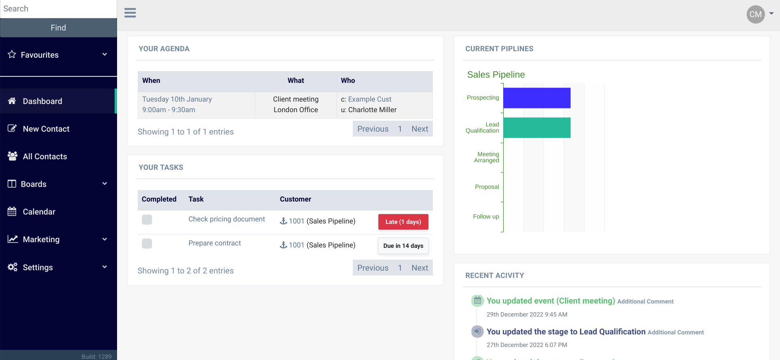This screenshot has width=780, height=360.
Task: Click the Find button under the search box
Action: (x=58, y=28)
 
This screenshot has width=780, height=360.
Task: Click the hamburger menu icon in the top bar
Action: (x=130, y=13)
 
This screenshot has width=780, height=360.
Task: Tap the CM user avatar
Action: (x=755, y=14)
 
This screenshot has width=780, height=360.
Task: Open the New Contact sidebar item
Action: (x=46, y=129)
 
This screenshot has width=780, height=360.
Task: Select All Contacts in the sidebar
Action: (x=45, y=156)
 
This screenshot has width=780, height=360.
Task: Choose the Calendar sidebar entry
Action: (x=39, y=212)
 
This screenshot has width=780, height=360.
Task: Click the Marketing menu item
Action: (x=41, y=239)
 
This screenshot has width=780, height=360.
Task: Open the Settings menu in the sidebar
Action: (x=37, y=267)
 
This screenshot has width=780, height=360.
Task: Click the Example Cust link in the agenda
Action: (x=369, y=99)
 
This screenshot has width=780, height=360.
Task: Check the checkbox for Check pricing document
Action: (x=147, y=220)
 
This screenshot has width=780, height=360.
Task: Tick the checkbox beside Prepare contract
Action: (x=147, y=244)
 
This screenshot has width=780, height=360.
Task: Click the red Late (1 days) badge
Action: (x=403, y=222)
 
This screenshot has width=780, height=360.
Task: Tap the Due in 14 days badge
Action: (x=403, y=246)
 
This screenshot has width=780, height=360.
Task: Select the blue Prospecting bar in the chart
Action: (x=537, y=98)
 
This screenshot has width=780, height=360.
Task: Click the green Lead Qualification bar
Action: (x=537, y=128)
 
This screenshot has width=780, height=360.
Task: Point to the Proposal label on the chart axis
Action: (x=487, y=187)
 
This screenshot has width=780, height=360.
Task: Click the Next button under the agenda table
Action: (x=419, y=129)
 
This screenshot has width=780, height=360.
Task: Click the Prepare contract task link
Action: (x=215, y=243)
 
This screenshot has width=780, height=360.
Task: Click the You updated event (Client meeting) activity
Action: (x=550, y=301)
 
